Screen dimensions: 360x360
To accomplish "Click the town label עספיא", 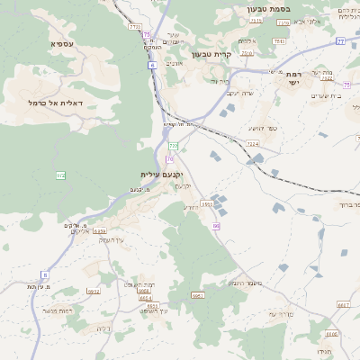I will [x=62, y=43].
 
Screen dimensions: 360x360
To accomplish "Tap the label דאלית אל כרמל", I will [x=56, y=103].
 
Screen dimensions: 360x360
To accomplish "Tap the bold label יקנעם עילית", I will [x=162, y=174].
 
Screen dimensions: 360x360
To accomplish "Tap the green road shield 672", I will [x=60, y=175].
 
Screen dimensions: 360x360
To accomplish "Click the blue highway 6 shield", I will [x=152, y=66].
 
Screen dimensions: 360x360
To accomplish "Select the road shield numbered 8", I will [x=44, y=274].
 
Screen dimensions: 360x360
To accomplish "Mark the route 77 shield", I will [x=340, y=41].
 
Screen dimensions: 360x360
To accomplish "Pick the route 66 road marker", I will [x=216, y=226].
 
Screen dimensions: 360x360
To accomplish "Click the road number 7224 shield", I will [x=253, y=143].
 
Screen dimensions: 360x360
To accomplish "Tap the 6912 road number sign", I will [x=94, y=291].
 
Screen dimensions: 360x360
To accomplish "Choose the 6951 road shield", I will [x=198, y=294].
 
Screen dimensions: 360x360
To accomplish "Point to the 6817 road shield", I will [x=343, y=304].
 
